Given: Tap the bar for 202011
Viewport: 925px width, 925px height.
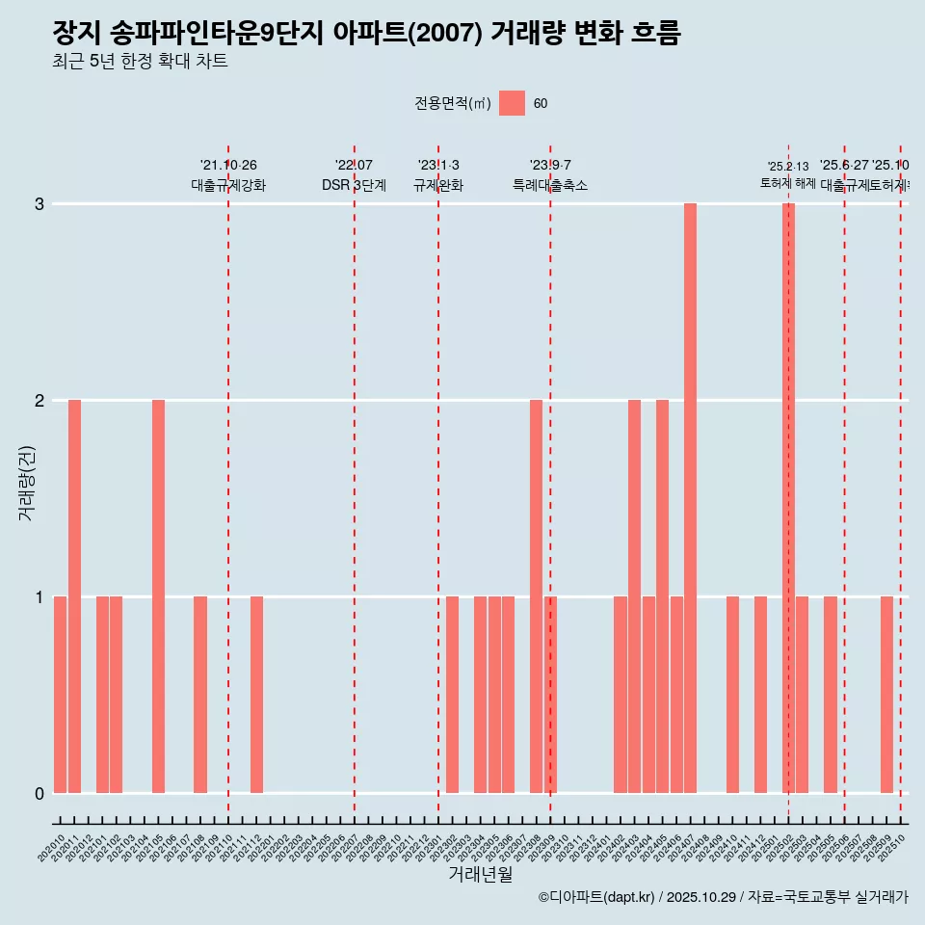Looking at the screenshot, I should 74,596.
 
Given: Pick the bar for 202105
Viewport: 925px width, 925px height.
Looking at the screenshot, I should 158,596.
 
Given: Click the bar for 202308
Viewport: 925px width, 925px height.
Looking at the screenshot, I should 536,596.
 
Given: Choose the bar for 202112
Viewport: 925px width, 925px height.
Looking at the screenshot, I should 256,695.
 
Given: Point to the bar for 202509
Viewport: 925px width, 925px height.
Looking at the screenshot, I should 886,695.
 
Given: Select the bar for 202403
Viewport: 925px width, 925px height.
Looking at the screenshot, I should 634,596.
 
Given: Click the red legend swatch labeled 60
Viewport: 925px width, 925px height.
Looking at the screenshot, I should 512,103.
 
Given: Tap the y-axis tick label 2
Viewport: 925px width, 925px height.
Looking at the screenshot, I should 40,400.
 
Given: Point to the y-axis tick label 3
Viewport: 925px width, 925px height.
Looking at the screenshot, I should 40,204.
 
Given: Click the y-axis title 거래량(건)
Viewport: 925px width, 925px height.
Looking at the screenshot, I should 26,482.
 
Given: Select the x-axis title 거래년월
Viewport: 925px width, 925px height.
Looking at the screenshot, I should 480,874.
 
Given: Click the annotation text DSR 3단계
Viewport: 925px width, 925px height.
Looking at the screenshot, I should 354,185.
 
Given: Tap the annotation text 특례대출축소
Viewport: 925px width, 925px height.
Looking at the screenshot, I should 549,185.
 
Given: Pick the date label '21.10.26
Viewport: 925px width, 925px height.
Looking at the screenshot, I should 228,166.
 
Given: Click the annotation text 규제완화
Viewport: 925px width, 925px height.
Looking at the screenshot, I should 438,185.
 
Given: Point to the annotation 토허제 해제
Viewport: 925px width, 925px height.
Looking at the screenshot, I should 788,183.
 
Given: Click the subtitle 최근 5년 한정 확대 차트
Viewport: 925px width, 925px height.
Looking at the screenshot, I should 140,62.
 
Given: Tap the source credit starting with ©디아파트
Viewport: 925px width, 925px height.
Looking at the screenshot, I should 723,897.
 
